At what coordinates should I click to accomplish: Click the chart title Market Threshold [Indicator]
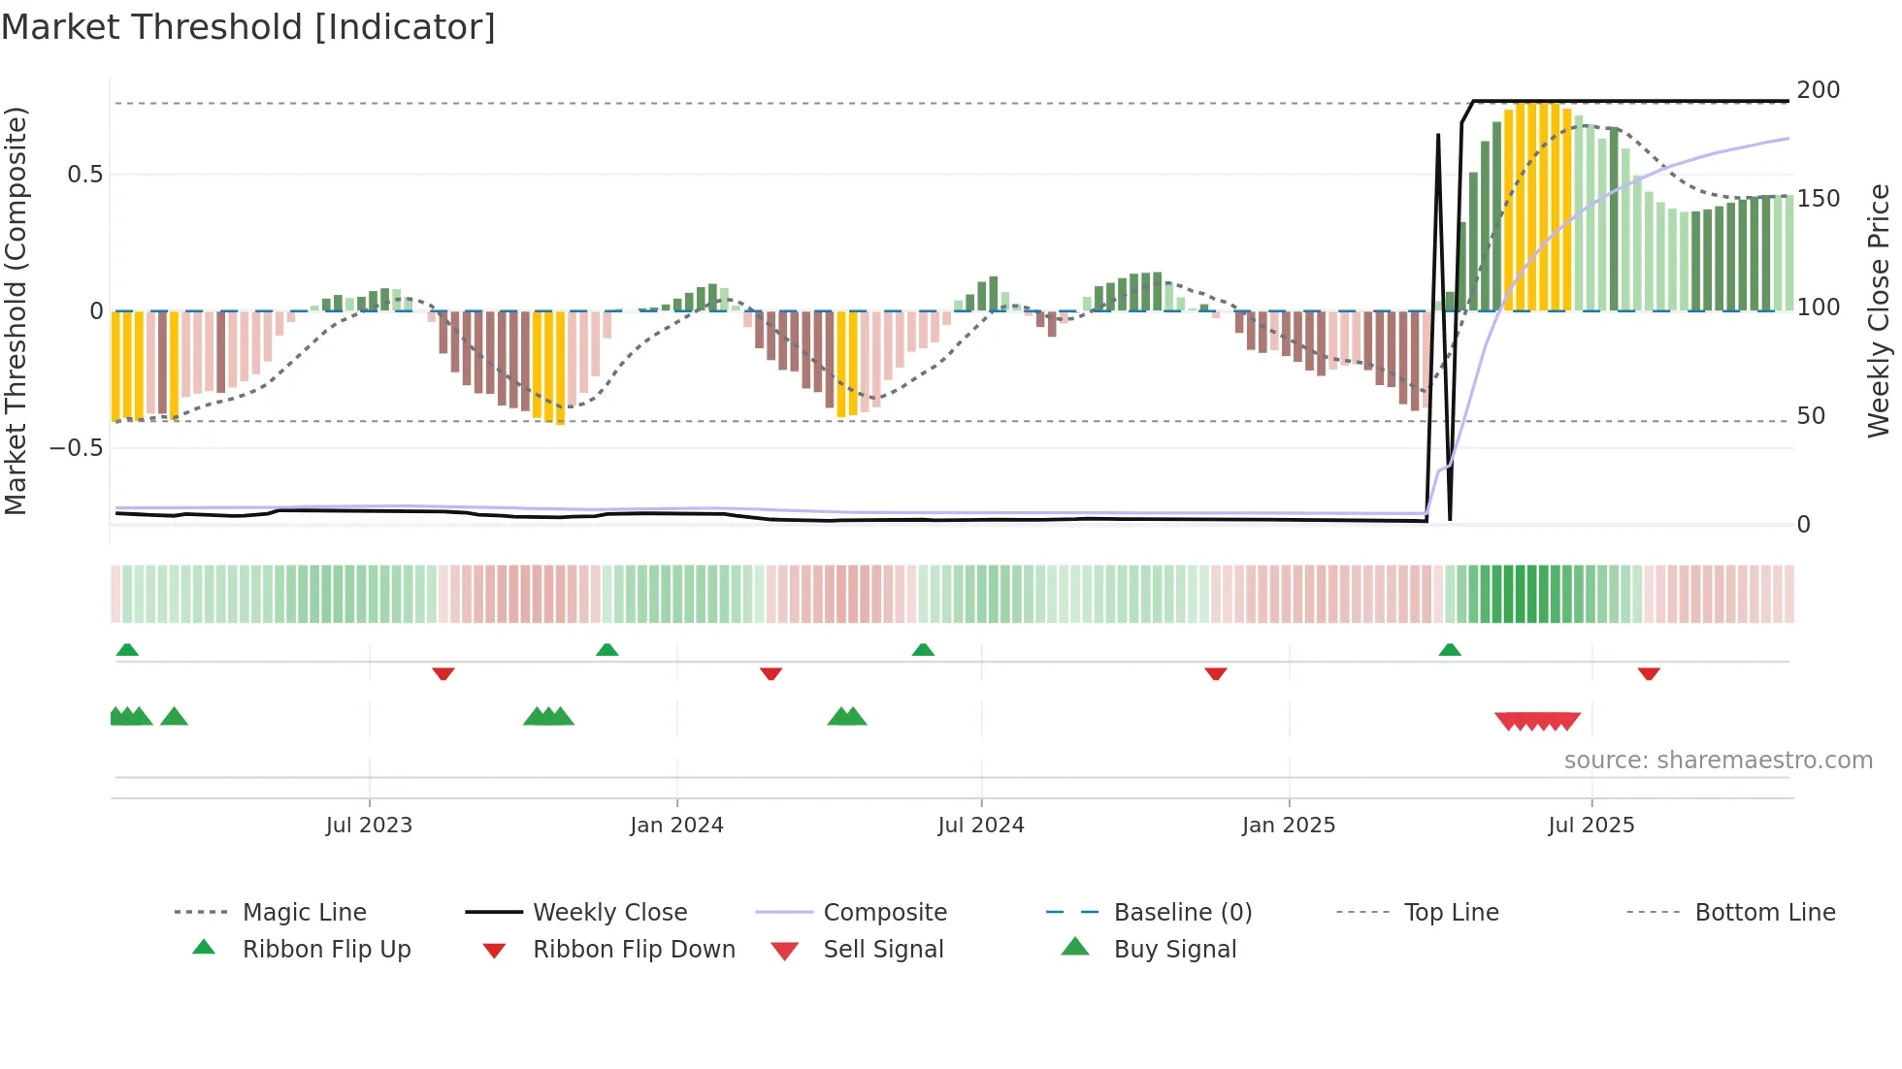point(248,27)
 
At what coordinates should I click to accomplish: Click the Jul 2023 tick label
point(369,826)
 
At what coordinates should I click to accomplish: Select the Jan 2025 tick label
point(1289,826)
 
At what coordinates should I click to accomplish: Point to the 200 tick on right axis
point(1818,90)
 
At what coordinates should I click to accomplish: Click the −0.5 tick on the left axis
point(76,448)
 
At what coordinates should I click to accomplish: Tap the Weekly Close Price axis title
point(1879,310)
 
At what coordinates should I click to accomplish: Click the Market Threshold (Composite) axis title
point(16,310)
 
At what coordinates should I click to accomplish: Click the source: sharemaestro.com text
point(1718,761)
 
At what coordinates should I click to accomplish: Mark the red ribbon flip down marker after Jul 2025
point(1649,673)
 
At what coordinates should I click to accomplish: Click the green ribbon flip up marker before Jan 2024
point(607,650)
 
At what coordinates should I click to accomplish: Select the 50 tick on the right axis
point(1811,416)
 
